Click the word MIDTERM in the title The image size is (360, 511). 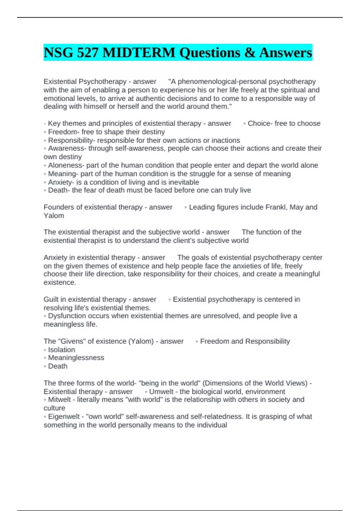[139, 53]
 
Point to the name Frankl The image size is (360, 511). [276, 207]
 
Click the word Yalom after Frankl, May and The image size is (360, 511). [54, 216]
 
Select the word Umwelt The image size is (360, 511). [161, 392]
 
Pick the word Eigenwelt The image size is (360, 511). [64, 417]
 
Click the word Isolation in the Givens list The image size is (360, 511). [61, 350]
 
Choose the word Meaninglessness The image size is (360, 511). [76, 358]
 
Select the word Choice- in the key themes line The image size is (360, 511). [260, 123]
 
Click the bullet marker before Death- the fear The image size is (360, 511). [45, 191]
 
